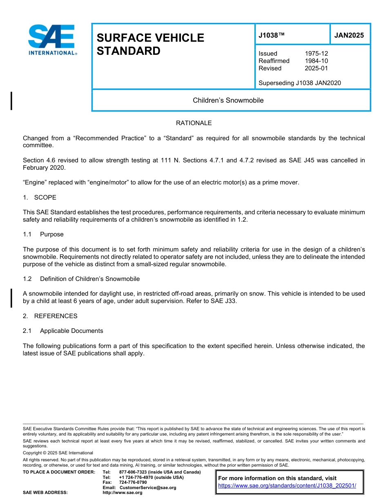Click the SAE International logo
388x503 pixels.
tap(52, 40)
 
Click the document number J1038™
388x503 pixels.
tap(271, 35)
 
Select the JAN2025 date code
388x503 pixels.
tap(349, 35)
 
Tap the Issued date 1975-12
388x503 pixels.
tap(316, 54)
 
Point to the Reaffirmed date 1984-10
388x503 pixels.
tap(316, 61)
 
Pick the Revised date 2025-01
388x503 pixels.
tap(316, 68)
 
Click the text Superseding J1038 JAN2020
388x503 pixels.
tap(299, 83)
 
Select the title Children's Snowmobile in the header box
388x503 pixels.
tap(228, 100)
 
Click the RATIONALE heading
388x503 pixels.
tap(194, 123)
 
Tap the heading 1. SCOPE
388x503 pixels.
tap(40, 198)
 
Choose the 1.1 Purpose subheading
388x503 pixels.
tap(43, 234)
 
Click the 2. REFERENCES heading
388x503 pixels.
tap(50, 316)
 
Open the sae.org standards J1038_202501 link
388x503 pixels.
tap(287, 486)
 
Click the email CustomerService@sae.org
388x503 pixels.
tap(148, 487)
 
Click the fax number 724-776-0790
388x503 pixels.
tap(133, 482)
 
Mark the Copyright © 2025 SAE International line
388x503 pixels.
tap(58, 453)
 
